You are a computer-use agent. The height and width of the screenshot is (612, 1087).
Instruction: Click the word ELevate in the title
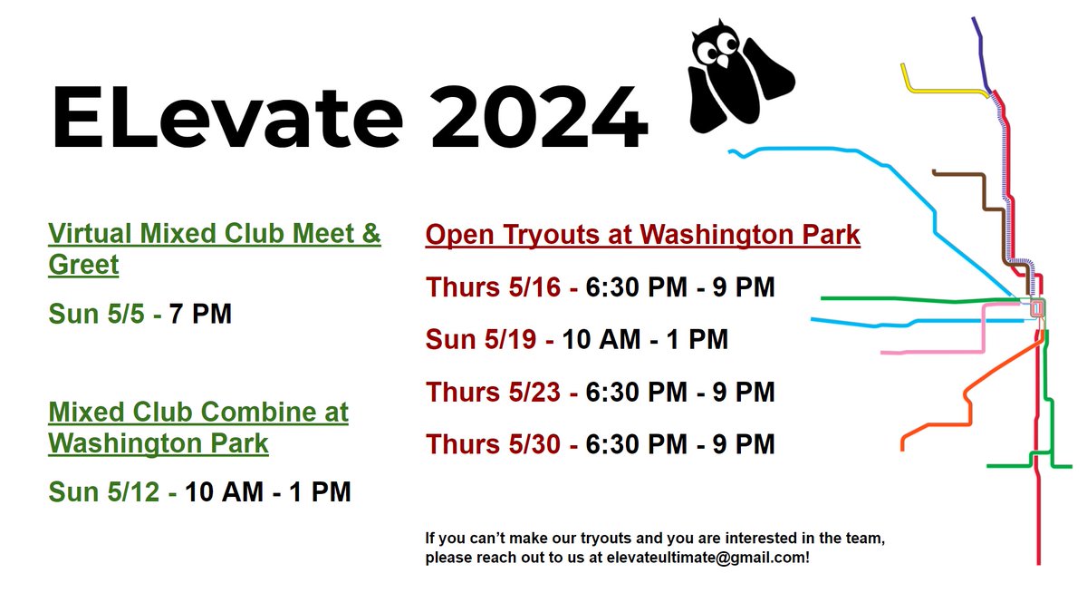coord(226,118)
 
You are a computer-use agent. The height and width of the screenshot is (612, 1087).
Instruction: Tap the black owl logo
coord(737,82)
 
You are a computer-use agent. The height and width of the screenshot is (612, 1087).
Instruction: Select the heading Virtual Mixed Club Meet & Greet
coord(214,248)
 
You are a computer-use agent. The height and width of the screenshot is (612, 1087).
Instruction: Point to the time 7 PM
coord(200,315)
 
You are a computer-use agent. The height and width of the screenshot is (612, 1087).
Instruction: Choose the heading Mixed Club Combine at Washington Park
coord(197,428)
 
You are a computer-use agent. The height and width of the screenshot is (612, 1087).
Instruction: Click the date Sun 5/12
coord(107,491)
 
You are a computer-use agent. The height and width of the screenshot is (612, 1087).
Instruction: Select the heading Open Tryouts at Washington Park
coord(642,235)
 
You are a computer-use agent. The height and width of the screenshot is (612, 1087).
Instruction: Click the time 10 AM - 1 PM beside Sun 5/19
coord(645,340)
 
